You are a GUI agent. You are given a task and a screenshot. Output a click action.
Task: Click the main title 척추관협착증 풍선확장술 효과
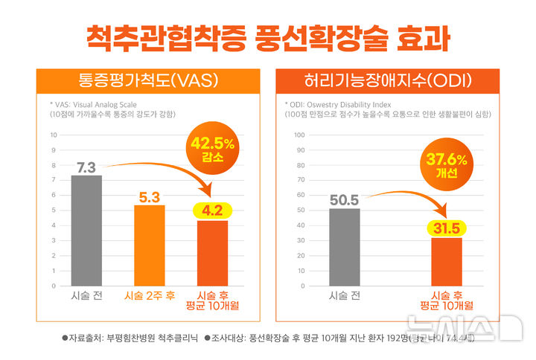coord(267,36)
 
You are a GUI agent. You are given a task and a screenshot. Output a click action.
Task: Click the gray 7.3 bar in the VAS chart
coord(86,231)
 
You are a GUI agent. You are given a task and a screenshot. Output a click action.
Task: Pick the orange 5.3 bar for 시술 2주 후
coord(150,245)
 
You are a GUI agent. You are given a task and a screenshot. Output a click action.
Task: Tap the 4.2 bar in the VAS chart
coord(212,253)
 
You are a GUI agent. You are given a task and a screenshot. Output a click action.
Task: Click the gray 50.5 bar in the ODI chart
coord(344,247)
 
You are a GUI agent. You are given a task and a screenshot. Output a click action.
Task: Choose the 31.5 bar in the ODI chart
coord(447,261)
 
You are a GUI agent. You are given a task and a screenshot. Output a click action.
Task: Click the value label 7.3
coord(86,167)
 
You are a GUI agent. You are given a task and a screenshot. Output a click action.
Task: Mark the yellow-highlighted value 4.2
coord(212,211)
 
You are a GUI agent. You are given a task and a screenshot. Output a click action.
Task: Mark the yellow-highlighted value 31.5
coord(447,228)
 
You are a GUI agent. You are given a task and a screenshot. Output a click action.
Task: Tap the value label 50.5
coord(344,200)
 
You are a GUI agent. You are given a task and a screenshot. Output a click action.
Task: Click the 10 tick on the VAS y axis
coord(53,135)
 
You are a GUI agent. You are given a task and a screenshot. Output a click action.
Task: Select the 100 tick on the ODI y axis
coord(299,135)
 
